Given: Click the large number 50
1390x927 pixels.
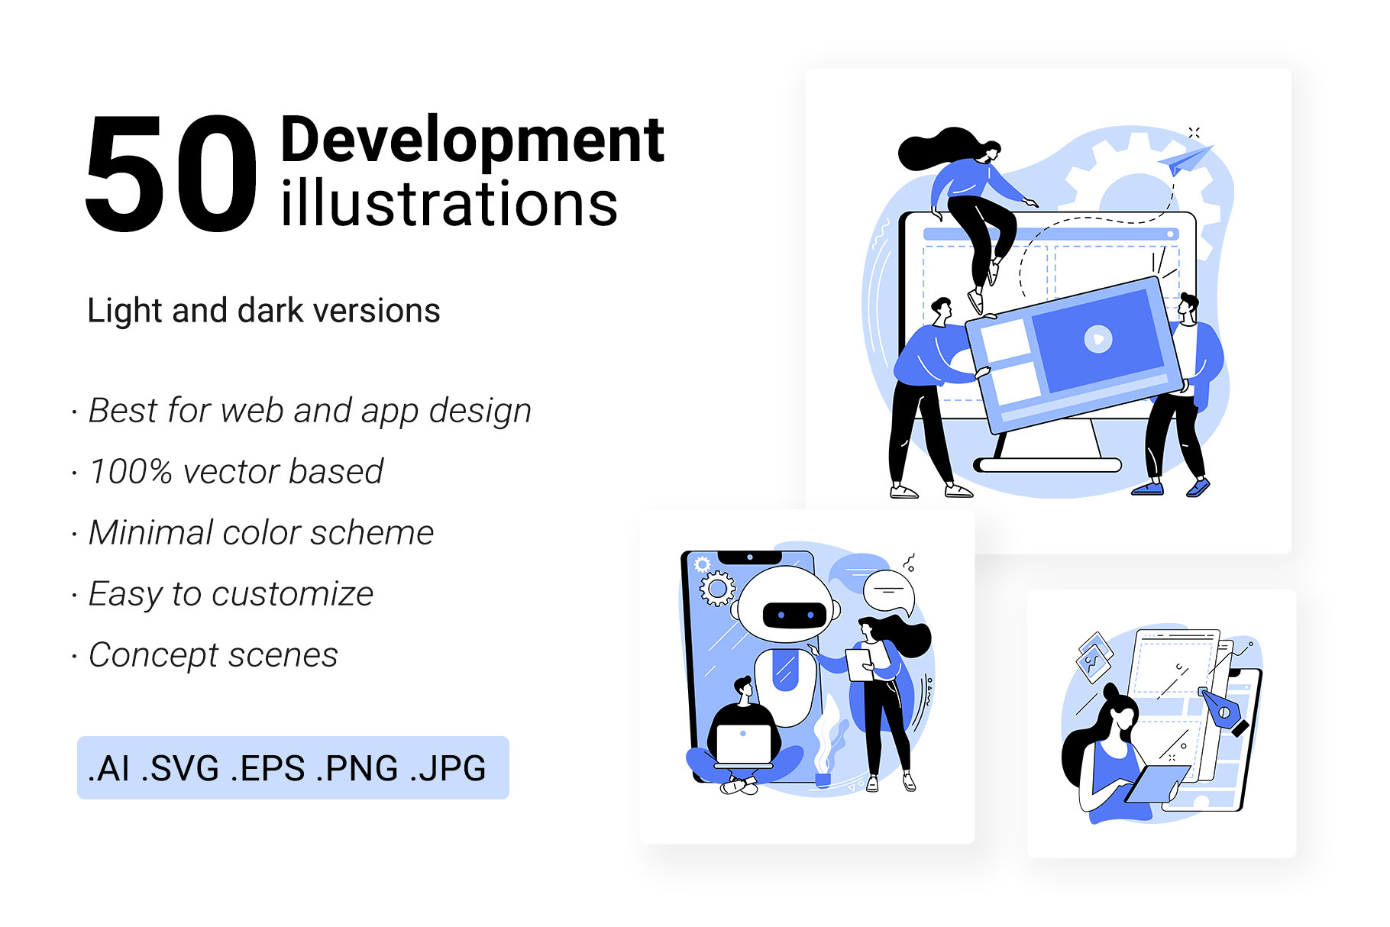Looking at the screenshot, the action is (x=171, y=173).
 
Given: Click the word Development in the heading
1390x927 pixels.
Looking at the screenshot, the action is (x=473, y=141).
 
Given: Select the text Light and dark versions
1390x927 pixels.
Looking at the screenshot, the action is (x=263, y=311).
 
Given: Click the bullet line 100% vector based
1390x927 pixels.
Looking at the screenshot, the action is (x=236, y=471).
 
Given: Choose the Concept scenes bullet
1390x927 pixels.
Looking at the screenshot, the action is (x=213, y=654).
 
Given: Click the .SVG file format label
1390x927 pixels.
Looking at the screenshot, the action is (x=181, y=768).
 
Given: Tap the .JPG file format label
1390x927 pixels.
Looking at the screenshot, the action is (x=448, y=768).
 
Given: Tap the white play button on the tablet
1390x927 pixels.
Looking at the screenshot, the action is (x=1098, y=338).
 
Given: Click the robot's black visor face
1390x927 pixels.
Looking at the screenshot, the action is (x=794, y=615).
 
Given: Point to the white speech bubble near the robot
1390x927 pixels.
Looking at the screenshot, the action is (x=890, y=593).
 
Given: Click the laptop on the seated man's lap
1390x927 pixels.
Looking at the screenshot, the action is (x=744, y=745).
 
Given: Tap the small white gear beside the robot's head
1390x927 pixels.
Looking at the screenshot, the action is (x=717, y=589).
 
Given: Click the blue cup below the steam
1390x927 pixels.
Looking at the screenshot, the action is (x=823, y=780).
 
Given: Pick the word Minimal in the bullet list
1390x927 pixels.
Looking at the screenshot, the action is (x=150, y=532).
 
